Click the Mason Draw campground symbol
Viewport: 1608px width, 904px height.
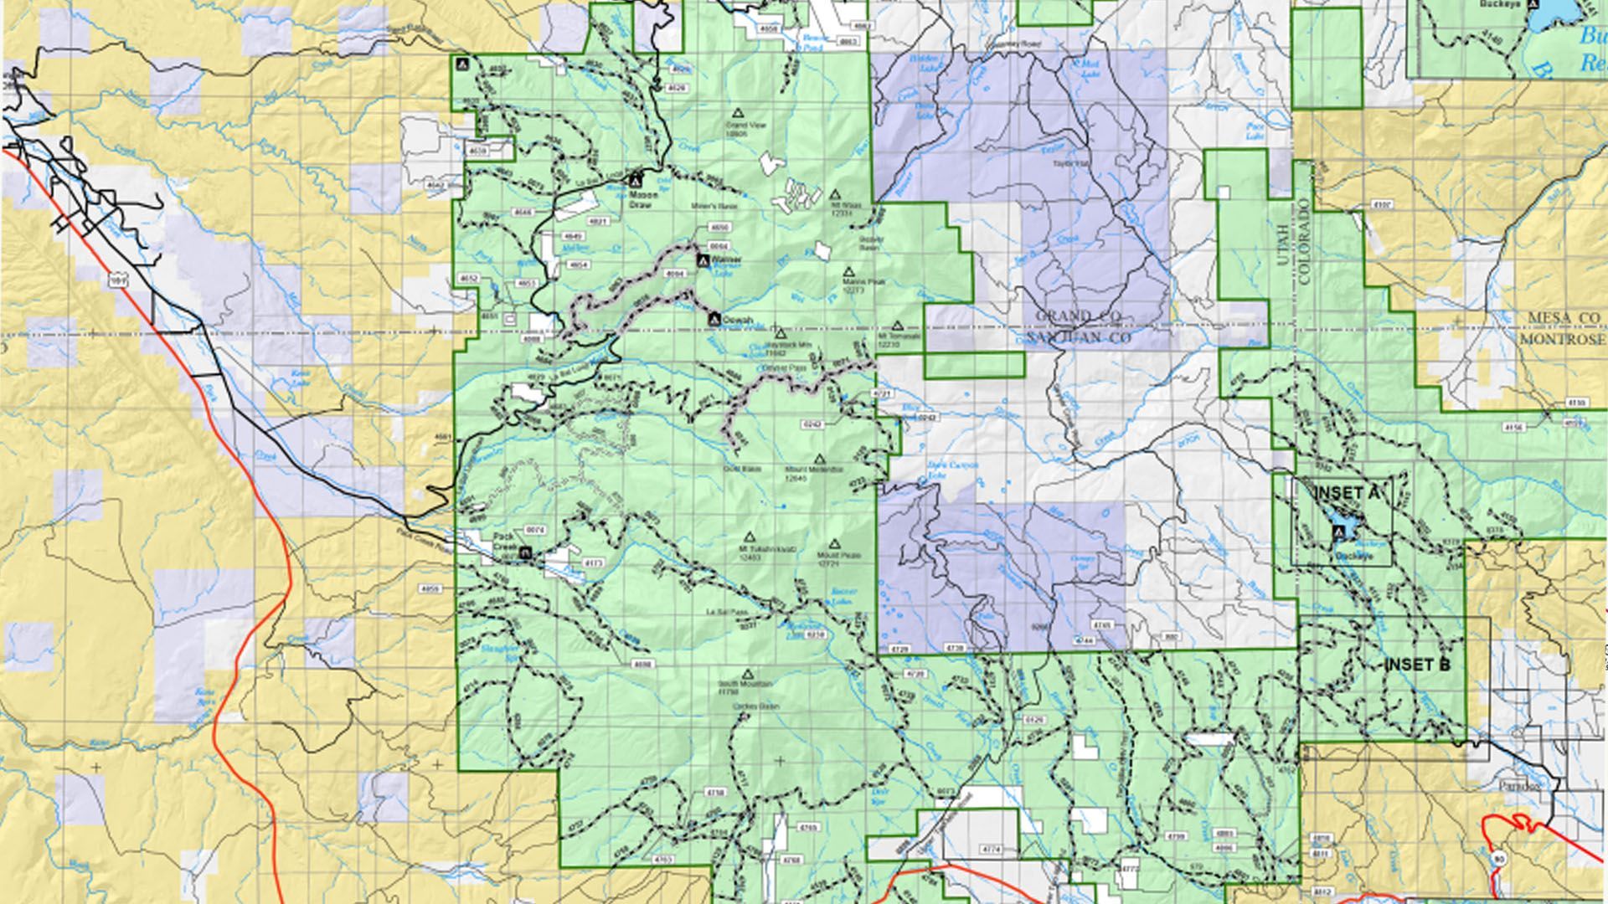[636, 179]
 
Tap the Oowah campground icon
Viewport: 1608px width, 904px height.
[714, 318]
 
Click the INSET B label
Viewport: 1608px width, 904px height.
[1417, 665]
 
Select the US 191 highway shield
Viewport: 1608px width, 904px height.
[117, 283]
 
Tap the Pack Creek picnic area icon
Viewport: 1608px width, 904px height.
[525, 552]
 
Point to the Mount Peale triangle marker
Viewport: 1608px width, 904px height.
[833, 544]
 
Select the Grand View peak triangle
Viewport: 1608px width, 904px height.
[738, 112]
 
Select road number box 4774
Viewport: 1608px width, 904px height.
[991, 849]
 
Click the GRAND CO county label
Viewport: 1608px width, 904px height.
[1076, 317]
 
